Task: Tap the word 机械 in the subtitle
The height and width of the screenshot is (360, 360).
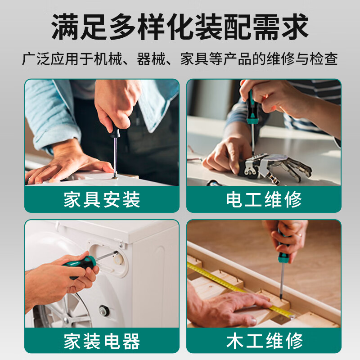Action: click(111, 59)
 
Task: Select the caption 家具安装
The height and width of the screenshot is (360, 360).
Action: click(102, 199)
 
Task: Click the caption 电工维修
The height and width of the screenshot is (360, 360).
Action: click(264, 199)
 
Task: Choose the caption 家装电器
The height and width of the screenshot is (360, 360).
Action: click(102, 341)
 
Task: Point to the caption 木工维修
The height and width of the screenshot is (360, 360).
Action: click(264, 341)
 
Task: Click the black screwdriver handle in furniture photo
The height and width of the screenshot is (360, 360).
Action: click(115, 131)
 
